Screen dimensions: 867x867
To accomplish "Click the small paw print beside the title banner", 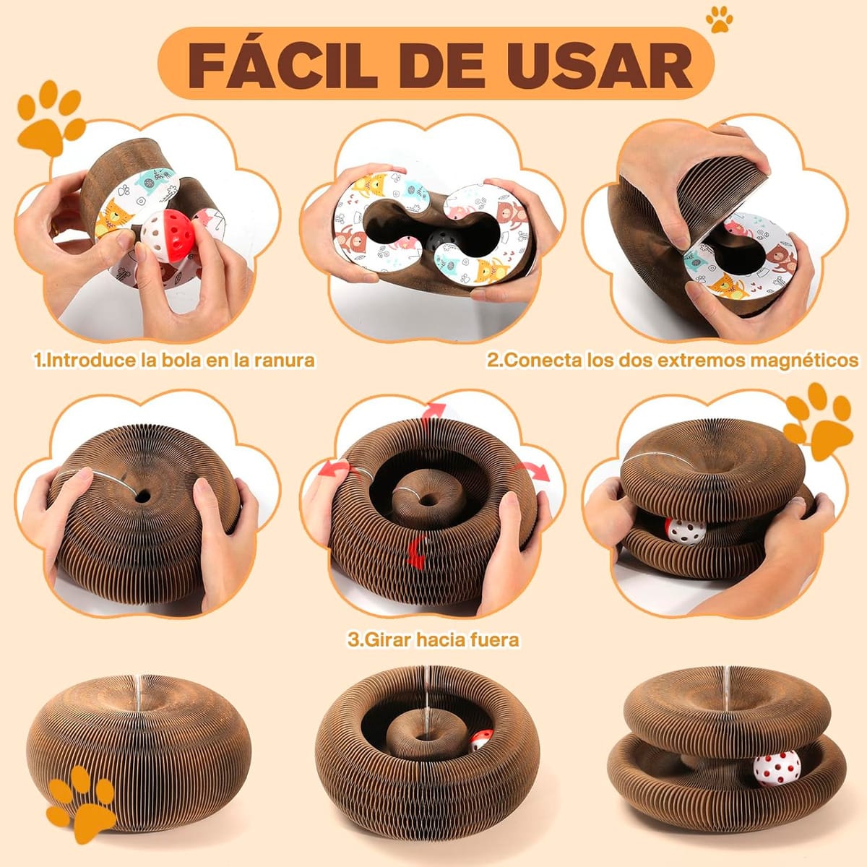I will pos(719,20).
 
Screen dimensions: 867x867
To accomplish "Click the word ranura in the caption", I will pos(281,360).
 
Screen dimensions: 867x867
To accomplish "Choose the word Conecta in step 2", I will pos(543,360).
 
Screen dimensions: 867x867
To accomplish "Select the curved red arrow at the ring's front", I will pos(415,553).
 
